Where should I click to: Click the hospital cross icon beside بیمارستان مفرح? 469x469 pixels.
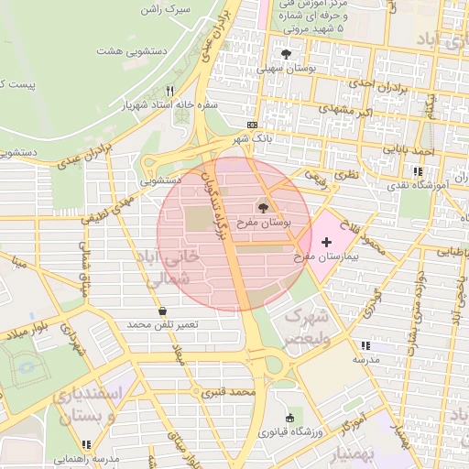[x=327, y=240]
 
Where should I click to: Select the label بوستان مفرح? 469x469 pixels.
[x=264, y=223]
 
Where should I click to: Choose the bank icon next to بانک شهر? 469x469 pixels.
[x=253, y=125]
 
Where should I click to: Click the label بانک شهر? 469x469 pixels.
[x=254, y=138]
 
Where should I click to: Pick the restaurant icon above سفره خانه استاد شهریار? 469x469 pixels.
[x=169, y=91]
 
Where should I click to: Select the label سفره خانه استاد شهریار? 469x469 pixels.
[x=169, y=104]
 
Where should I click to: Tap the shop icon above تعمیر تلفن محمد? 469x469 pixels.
[x=162, y=311]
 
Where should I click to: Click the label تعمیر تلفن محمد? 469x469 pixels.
[x=163, y=325]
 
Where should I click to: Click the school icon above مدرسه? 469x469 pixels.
[x=365, y=346]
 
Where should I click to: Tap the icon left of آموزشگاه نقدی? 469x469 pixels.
[x=418, y=171]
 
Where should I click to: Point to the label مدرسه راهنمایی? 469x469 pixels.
[x=86, y=459]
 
